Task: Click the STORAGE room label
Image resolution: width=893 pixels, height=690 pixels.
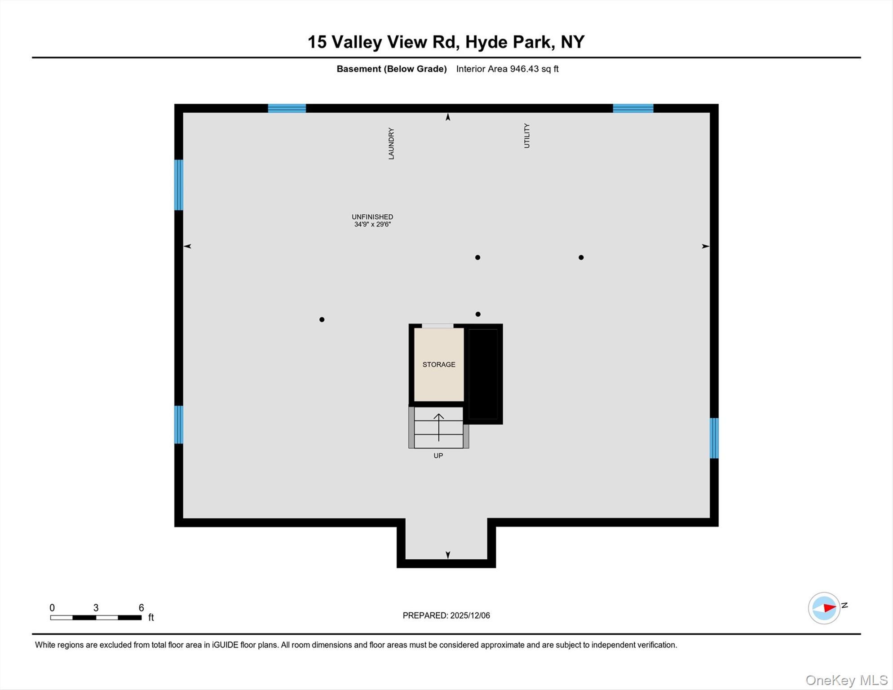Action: click(x=438, y=364)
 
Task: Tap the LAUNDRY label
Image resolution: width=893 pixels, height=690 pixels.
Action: click(x=391, y=143)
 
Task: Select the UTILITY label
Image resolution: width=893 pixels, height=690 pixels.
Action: click(x=527, y=136)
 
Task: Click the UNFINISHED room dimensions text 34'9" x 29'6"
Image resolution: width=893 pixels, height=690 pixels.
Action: click(x=372, y=224)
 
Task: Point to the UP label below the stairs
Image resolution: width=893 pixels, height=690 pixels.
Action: click(x=438, y=456)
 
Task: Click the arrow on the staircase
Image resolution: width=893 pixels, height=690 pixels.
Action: click(x=438, y=427)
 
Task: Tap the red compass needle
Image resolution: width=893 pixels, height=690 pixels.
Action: click(x=829, y=608)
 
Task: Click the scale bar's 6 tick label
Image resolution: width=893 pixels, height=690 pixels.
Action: click(x=141, y=608)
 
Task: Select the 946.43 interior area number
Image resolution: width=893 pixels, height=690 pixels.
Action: click(x=524, y=69)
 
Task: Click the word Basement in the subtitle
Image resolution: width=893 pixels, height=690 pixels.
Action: click(x=358, y=69)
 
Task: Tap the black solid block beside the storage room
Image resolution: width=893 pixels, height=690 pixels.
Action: click(x=483, y=374)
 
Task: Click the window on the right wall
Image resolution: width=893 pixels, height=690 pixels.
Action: click(x=714, y=438)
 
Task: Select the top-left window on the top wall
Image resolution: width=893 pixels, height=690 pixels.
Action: click(x=287, y=108)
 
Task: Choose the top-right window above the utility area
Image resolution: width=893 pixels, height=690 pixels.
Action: click(x=633, y=108)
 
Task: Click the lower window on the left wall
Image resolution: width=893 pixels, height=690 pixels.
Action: click(x=179, y=425)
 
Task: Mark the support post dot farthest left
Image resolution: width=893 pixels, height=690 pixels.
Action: click(x=322, y=319)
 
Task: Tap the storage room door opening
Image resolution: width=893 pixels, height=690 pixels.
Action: click(x=438, y=326)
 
